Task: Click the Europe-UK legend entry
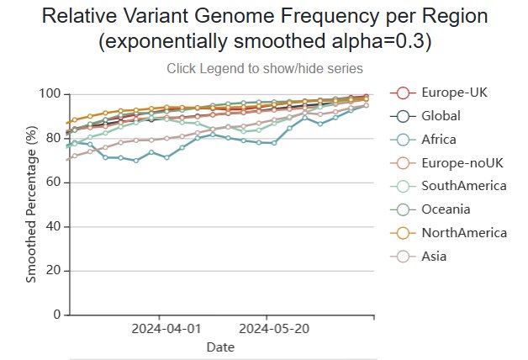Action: click(453, 92)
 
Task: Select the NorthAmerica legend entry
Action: click(464, 232)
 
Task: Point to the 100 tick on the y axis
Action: click(50, 93)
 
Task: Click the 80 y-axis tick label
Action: click(53, 137)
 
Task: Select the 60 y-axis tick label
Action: click(53, 182)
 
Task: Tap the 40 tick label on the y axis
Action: click(53, 226)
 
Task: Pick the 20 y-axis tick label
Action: click(53, 271)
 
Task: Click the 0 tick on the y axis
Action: click(56, 315)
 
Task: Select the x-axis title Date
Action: click(220, 347)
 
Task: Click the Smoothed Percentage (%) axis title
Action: click(31, 204)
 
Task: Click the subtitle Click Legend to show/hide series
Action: click(265, 68)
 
